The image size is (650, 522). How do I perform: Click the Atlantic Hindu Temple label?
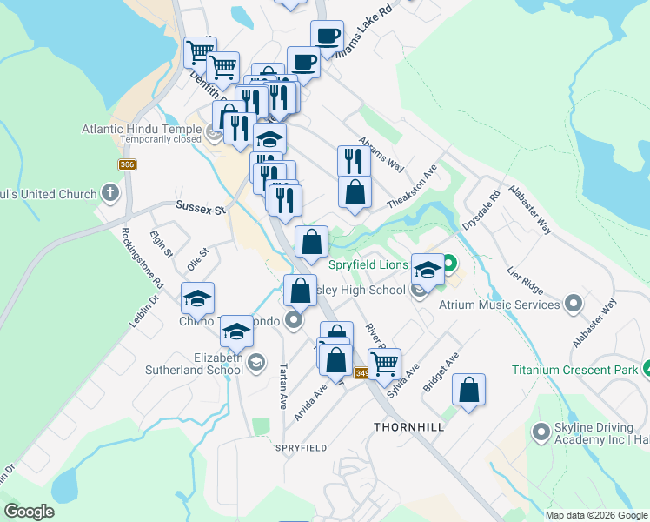(x=142, y=128)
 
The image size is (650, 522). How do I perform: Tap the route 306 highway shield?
(x=128, y=165)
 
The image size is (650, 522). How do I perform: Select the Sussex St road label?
(x=201, y=208)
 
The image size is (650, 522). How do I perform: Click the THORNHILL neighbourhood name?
(x=408, y=427)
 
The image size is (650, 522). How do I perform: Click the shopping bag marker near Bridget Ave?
(x=468, y=391)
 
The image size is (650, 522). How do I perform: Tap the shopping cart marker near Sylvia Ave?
(x=384, y=362)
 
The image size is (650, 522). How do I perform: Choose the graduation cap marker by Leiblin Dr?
(x=197, y=298)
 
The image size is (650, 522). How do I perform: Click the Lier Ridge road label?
(x=525, y=284)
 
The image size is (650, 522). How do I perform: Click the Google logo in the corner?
(x=30, y=512)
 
